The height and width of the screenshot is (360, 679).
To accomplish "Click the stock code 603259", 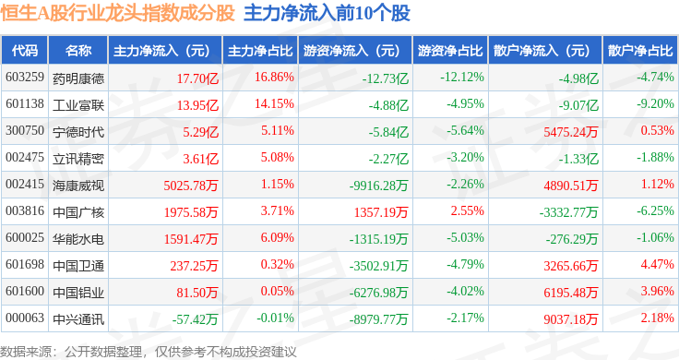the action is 25,78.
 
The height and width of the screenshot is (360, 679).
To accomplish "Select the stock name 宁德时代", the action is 78,132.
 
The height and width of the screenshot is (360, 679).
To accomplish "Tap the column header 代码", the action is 25,50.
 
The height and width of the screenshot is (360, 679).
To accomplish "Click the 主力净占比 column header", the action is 260,50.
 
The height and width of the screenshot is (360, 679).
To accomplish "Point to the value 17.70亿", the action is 197,78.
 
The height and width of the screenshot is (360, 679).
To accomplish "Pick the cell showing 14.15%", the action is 274,104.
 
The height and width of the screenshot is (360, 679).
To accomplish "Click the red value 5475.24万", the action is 571,132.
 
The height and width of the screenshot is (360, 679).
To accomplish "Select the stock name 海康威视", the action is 78,186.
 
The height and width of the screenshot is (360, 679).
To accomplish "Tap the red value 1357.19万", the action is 381,212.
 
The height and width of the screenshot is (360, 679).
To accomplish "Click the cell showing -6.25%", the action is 655,211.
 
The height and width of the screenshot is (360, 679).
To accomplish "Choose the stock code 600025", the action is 25,238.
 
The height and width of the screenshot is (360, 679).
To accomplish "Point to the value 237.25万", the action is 194,266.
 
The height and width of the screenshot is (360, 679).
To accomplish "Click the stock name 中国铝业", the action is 78,293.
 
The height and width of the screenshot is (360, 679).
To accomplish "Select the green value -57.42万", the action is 195,319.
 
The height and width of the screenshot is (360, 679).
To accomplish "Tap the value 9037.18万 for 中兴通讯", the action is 571,319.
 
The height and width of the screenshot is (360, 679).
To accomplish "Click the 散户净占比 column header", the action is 640,50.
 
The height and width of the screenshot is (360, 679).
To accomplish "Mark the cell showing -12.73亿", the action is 386,78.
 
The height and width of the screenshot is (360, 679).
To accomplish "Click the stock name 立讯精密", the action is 78,159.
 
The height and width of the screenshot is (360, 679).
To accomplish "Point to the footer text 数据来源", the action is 26,352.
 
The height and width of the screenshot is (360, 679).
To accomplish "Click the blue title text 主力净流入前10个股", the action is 327,13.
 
